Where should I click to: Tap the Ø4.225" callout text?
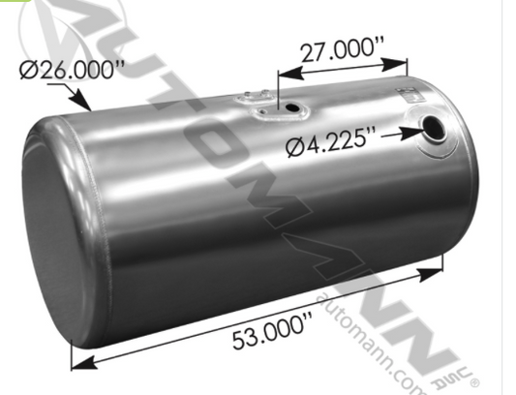[x=331, y=146]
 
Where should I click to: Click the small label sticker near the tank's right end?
[x=411, y=95]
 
